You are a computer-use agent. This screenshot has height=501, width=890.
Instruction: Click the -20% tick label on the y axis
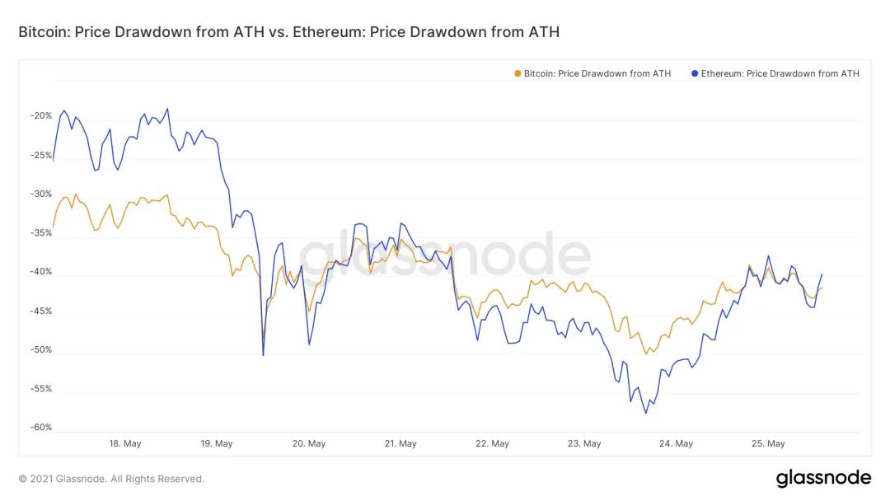point(40,116)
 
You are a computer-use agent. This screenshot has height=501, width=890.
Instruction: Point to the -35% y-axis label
point(40,233)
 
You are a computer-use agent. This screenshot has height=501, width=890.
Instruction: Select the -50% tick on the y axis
point(40,350)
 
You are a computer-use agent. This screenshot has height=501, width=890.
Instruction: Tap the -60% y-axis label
point(40,428)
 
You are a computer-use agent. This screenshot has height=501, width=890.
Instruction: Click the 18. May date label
point(125,443)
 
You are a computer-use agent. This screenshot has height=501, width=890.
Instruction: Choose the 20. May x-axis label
point(310,443)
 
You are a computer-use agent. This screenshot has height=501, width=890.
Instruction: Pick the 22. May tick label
point(493,443)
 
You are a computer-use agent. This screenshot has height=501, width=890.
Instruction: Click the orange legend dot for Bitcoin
point(518,73)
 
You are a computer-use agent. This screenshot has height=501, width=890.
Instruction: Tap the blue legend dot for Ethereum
point(695,73)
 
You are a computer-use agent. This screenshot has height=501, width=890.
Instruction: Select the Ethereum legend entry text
point(780,73)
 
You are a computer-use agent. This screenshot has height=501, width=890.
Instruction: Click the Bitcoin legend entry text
point(597,73)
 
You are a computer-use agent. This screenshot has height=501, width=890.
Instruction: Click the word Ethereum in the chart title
point(330,32)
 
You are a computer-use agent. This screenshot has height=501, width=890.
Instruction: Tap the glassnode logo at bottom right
point(822,478)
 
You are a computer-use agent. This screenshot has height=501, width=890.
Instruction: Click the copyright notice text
point(111,479)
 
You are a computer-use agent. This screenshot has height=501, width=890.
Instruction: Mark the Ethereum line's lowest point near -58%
point(646,413)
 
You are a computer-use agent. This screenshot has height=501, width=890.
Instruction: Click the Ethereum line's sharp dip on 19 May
point(263,355)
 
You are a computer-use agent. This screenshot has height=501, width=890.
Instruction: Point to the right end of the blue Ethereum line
point(822,274)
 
